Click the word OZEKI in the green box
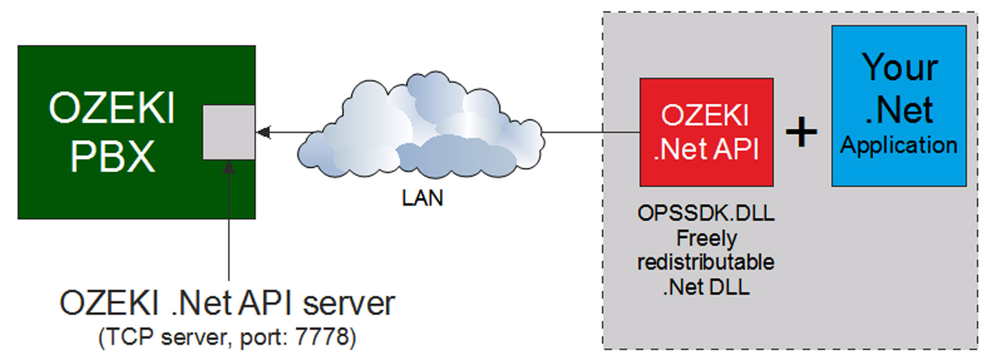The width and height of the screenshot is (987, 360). click(112, 108)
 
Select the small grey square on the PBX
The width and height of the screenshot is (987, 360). click(229, 132)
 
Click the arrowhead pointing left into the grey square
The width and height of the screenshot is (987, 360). click(263, 133)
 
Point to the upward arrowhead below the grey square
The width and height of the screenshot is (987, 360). click(229, 168)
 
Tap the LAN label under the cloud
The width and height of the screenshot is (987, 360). click(422, 198)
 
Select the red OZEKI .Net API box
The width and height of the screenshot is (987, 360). click(706, 132)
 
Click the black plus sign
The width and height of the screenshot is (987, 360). click(801, 132)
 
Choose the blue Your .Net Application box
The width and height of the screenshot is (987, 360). click(899, 106)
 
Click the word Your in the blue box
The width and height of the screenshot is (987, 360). click(900, 67)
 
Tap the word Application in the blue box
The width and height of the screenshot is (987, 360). click(899, 146)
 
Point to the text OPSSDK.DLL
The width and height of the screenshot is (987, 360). click(706, 213)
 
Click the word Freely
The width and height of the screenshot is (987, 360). click(706, 239)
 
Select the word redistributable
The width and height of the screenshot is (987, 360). click(706, 262)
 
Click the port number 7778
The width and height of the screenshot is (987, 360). click(322, 337)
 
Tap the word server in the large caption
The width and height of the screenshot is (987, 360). click(349, 303)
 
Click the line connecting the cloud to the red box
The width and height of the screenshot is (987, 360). click(591, 133)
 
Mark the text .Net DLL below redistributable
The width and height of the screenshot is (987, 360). click(706, 287)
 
